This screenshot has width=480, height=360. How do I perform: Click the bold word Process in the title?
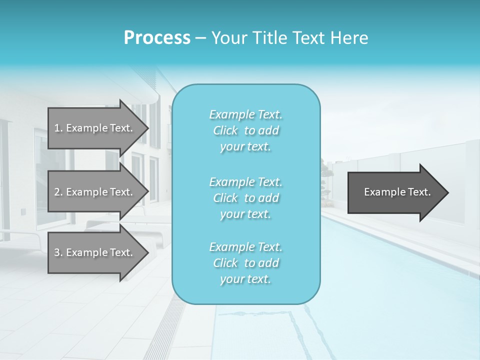157,38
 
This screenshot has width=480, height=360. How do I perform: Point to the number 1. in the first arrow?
58,128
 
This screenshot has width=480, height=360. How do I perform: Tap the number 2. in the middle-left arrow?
58,192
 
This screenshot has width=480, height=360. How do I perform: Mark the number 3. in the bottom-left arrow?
58,252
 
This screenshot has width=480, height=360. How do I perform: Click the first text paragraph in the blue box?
246,130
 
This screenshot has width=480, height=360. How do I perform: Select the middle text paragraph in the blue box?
246,198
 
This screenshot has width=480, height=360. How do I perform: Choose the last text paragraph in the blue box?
246,263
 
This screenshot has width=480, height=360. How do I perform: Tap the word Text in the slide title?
306,38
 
